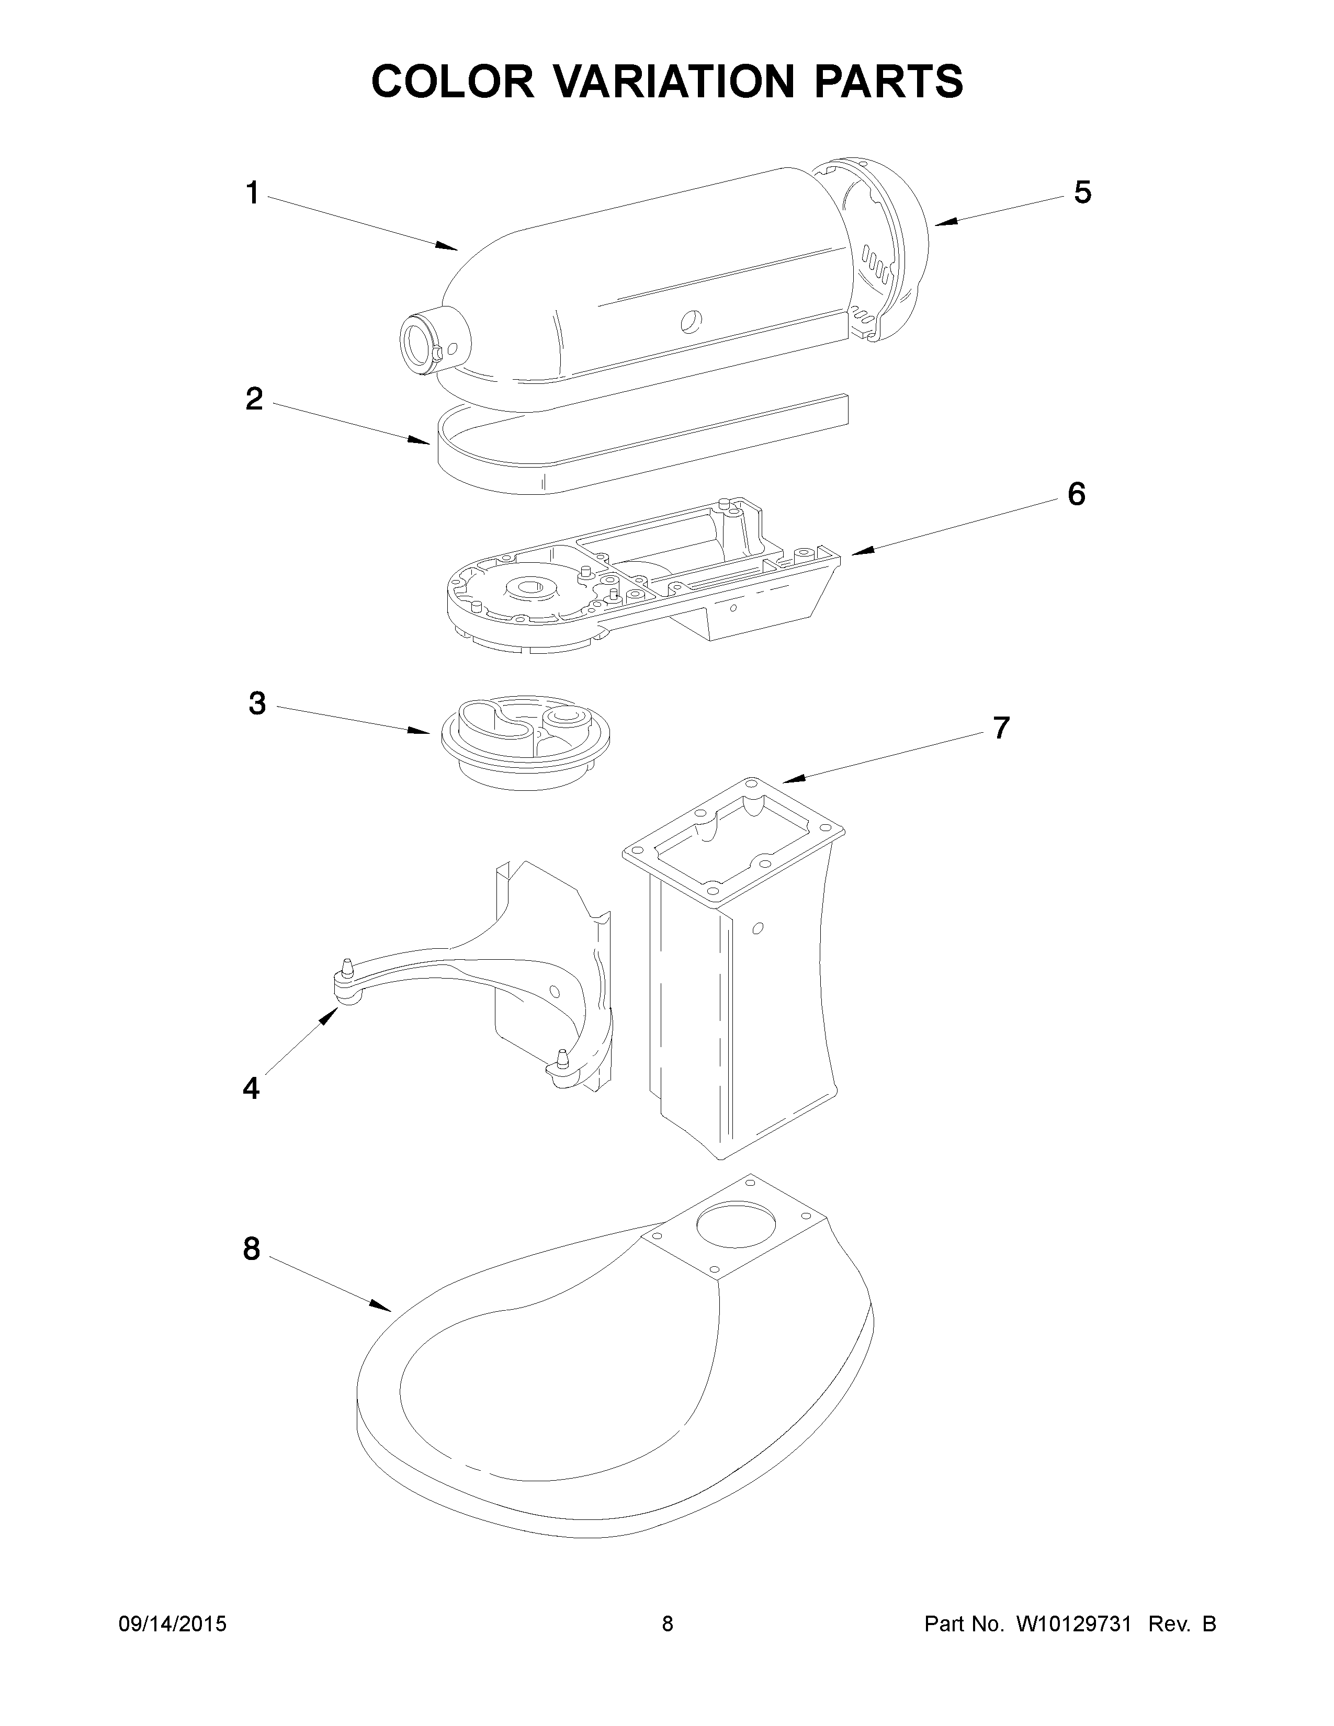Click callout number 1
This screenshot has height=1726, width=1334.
[x=252, y=193]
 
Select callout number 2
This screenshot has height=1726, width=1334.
[x=254, y=399]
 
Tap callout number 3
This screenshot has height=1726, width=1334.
[x=257, y=703]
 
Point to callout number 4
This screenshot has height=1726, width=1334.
[x=251, y=1089]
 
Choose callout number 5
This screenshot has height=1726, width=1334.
[x=1082, y=192]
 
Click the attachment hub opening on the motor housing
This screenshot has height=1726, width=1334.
[x=416, y=345]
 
